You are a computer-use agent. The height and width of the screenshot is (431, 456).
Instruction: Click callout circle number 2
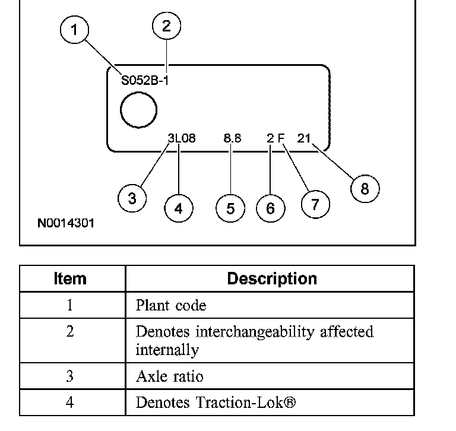coord(166,26)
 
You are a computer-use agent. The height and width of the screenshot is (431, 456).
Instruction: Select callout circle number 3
coord(132,198)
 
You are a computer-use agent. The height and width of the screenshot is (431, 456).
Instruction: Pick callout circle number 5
coord(230,208)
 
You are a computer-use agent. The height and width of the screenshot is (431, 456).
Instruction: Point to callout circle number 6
coord(271,208)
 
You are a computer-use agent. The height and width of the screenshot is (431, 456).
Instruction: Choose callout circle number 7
coord(315,204)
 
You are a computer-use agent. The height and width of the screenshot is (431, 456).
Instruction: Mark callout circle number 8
coord(365,189)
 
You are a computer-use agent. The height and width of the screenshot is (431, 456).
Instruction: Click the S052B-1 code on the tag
coord(145,81)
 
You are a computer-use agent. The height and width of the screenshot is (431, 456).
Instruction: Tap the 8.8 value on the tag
coord(232,138)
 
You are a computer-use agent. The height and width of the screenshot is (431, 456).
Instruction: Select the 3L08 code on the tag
coord(181,138)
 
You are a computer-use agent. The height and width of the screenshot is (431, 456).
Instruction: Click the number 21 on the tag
coord(304,138)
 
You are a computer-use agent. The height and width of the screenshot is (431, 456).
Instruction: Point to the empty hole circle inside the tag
coord(138,111)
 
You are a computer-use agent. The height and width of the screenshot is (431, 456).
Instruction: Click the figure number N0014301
coord(65,224)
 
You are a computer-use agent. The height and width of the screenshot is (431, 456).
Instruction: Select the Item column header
coord(70,278)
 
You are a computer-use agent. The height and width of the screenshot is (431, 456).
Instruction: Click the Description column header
coord(272,278)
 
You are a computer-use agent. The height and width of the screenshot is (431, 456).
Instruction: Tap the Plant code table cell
coord(171,306)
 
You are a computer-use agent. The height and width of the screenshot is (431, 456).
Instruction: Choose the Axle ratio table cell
coord(169,376)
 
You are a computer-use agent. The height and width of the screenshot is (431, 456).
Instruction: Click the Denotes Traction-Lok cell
coord(215,403)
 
